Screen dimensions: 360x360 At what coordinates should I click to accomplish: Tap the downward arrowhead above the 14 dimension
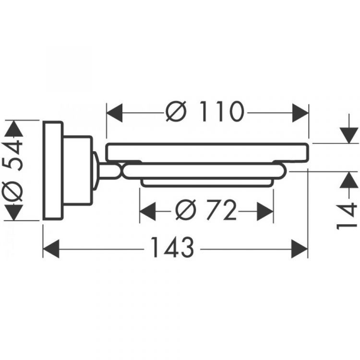347,134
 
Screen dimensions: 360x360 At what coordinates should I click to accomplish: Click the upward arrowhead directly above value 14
347,180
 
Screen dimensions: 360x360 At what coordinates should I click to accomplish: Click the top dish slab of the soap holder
206,152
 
